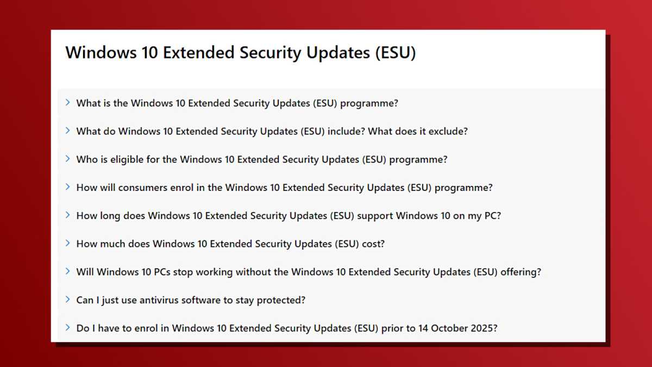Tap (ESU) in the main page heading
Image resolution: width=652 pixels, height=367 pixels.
click(395, 53)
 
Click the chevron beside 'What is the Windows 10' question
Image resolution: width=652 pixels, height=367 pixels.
click(68, 102)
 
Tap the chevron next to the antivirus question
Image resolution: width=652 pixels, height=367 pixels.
click(68, 300)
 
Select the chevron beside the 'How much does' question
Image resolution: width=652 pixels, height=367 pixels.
click(68, 243)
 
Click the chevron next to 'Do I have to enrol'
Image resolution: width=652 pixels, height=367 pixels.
click(68, 328)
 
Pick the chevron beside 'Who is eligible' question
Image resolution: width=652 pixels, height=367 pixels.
click(68, 159)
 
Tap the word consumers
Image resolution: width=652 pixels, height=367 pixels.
click(143, 188)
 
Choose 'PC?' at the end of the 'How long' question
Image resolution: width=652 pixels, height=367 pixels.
click(492, 216)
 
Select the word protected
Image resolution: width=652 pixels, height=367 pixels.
click(282, 300)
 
